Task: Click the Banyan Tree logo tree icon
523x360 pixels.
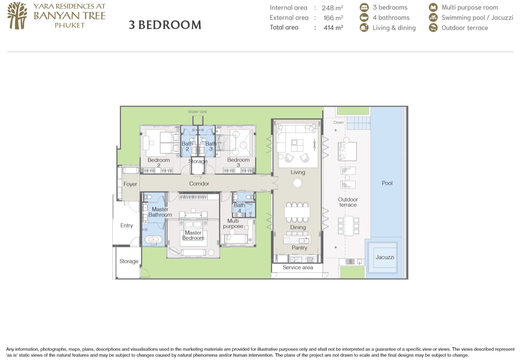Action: click(x=17, y=16)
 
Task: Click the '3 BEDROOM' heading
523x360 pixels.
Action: click(x=165, y=25)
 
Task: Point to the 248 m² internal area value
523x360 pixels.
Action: click(x=332, y=8)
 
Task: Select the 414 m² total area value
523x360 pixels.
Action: click(x=333, y=27)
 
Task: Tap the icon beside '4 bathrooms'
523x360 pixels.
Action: click(x=364, y=18)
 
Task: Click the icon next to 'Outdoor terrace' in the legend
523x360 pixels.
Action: click(x=433, y=28)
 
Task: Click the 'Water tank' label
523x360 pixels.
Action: click(x=197, y=112)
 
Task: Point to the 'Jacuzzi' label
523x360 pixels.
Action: click(x=385, y=257)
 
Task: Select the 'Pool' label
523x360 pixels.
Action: click(x=387, y=183)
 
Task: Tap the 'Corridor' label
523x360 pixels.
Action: click(x=199, y=184)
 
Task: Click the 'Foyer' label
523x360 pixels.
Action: click(x=130, y=184)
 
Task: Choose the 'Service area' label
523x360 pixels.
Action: click(x=298, y=267)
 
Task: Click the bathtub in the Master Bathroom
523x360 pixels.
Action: click(x=153, y=239)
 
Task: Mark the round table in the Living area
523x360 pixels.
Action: click(x=297, y=183)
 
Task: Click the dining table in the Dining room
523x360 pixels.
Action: click(x=297, y=212)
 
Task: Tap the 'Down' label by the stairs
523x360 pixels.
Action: click(x=339, y=123)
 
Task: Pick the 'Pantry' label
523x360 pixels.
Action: click(x=299, y=248)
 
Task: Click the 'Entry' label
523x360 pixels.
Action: click(x=127, y=225)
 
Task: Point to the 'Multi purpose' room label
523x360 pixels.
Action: click(x=233, y=223)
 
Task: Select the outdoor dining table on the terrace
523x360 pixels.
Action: click(x=348, y=226)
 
